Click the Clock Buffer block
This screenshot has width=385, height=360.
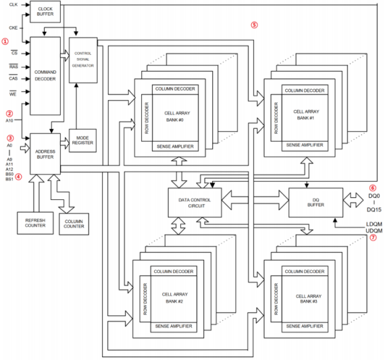coord(45,11)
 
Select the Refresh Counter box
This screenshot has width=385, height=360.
coord(34,222)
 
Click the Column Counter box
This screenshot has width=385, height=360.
coord(74,223)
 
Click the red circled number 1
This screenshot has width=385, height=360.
coord(5,41)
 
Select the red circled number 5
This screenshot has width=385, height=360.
coord(254,25)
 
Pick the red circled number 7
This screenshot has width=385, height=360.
coord(372,238)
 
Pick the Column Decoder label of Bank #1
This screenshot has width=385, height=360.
coord(302,90)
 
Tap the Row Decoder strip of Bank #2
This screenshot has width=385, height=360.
coord(145,304)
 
